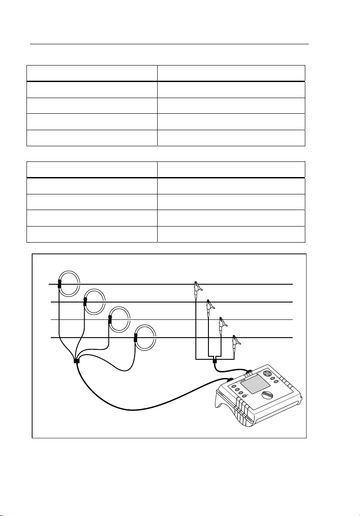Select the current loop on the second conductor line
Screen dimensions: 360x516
[95, 301]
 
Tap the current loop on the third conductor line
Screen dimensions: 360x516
[120, 319]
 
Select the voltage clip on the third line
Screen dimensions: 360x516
[222, 323]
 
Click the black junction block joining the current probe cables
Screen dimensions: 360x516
[76, 361]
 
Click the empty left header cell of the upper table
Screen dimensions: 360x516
[92, 73]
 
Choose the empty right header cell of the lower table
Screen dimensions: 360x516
[231, 169]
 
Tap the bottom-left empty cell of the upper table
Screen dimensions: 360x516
[92, 138]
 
